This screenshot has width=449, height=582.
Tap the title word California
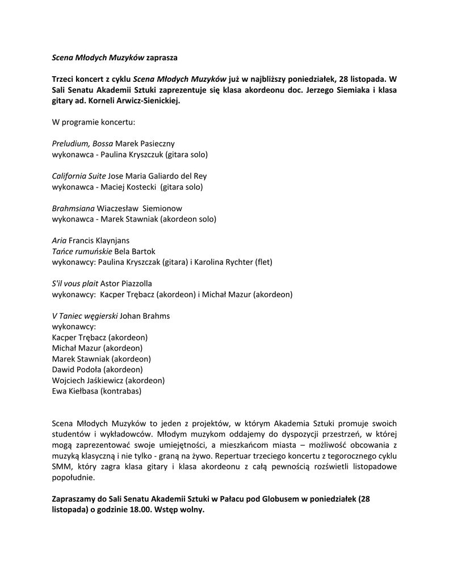click(x=70, y=176)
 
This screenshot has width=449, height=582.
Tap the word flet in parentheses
click(x=263, y=262)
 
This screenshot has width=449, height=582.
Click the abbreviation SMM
click(x=62, y=467)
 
